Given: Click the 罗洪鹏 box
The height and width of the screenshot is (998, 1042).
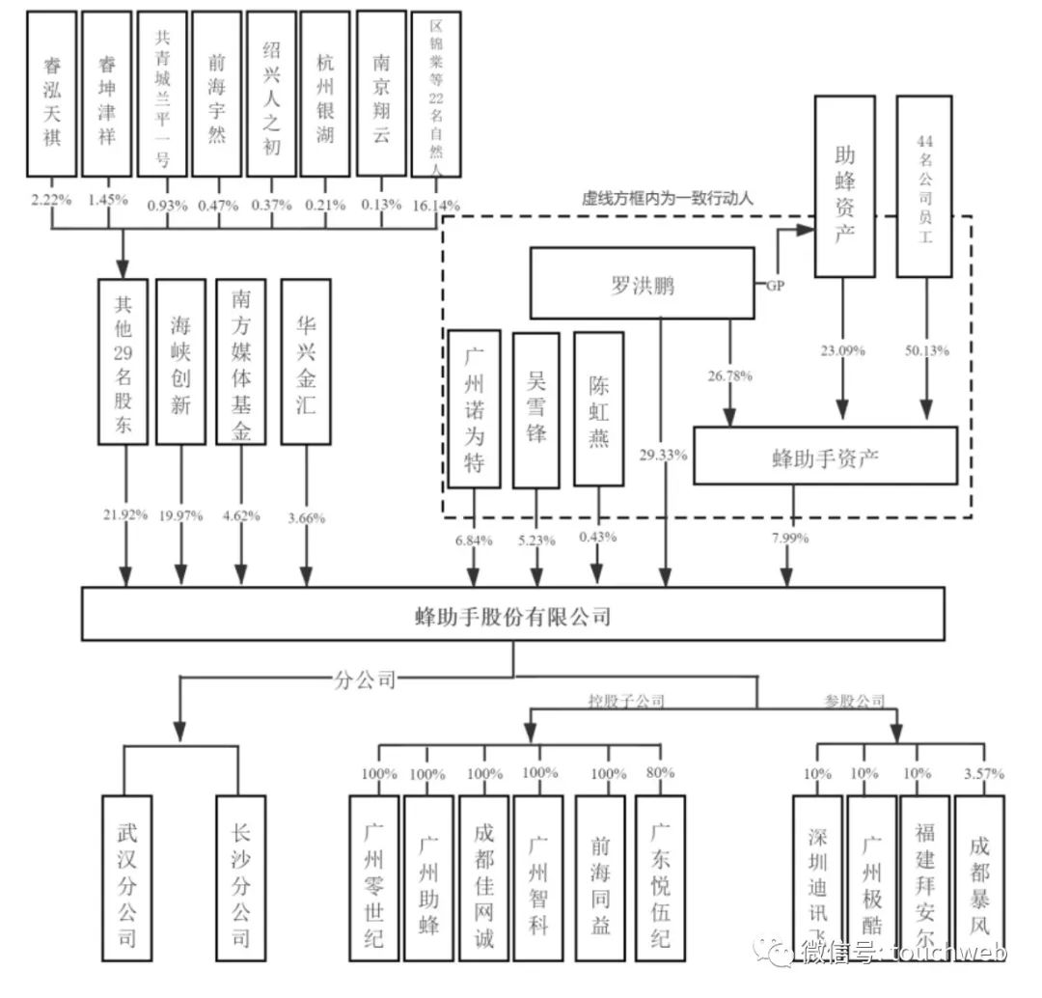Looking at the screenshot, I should tap(642, 283).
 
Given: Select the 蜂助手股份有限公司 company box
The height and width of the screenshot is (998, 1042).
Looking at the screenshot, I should tap(512, 615).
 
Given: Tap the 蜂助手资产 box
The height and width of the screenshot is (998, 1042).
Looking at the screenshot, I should tap(825, 455).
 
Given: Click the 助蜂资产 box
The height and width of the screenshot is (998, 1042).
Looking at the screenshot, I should tap(844, 185).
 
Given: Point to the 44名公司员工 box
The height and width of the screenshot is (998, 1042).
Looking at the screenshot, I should tap(923, 185).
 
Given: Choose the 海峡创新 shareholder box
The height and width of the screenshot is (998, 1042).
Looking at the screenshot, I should tap(180, 362).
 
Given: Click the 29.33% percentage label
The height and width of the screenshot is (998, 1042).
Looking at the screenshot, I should tap(662, 455).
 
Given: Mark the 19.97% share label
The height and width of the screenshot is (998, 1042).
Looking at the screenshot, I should tap(180, 515).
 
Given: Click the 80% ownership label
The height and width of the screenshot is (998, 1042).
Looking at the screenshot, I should tap(661, 773).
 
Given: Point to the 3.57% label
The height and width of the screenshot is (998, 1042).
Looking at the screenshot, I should tap(983, 773).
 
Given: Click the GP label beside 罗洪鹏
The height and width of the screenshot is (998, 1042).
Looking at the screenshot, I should tap(775, 286).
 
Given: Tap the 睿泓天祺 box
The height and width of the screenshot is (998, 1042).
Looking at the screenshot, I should tap(52, 94).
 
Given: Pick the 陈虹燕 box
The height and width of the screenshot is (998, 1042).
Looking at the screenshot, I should tap(597, 408).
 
